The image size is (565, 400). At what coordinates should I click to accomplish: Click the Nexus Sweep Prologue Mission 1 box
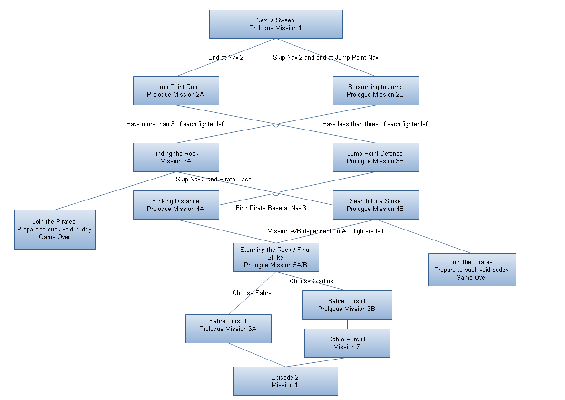pos(276,24)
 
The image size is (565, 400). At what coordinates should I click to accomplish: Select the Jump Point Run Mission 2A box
pos(176,90)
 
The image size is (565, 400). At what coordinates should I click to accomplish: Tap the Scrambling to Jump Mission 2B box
pos(376,90)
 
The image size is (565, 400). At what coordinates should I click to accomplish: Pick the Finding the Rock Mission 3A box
pos(176,157)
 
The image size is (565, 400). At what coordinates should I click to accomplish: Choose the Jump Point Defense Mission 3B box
pos(376,157)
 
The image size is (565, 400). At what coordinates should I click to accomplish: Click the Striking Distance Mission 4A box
pos(176,205)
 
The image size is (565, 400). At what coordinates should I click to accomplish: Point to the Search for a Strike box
pos(376,205)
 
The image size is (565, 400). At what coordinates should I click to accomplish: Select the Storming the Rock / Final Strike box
pos(276,257)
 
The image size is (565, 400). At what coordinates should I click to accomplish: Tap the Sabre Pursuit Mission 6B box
pos(347,305)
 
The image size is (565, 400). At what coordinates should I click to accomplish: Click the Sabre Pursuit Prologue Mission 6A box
pos(228,329)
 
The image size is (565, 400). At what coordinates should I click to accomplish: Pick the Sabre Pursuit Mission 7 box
pos(347,343)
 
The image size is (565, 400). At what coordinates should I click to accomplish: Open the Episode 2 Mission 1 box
pos(285,381)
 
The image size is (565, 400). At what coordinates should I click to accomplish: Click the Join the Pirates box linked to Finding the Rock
pos(55,229)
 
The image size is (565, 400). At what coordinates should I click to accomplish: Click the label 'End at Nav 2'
pos(226,58)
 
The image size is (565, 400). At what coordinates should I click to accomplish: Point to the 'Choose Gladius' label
pos(312,281)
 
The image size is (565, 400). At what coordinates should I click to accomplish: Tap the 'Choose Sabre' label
pos(252,293)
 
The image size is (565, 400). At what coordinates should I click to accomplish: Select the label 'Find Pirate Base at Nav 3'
pos(271,208)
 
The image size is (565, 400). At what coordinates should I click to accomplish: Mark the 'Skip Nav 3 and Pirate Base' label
pos(214,179)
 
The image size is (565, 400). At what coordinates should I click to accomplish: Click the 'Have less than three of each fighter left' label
pos(376,124)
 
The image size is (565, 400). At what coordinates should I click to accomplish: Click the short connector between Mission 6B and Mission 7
pos(347,324)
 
